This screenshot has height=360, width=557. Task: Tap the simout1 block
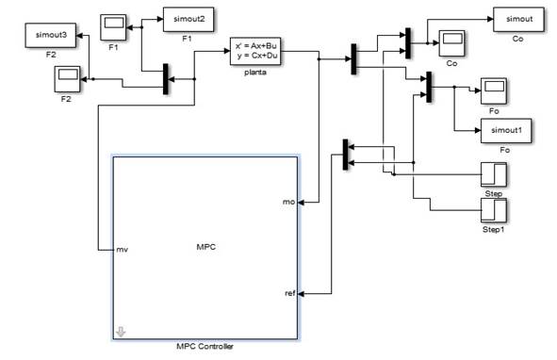tap(503, 133)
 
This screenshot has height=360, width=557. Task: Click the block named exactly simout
tap(515, 19)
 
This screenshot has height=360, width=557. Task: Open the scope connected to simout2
tap(114, 26)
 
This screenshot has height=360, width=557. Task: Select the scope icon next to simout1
tap(494, 90)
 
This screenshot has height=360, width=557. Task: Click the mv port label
tap(122, 250)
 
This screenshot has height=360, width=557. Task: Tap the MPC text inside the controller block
tap(205, 247)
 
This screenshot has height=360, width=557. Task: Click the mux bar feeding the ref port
tap(345, 155)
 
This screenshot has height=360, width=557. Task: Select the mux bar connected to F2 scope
tap(166, 79)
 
